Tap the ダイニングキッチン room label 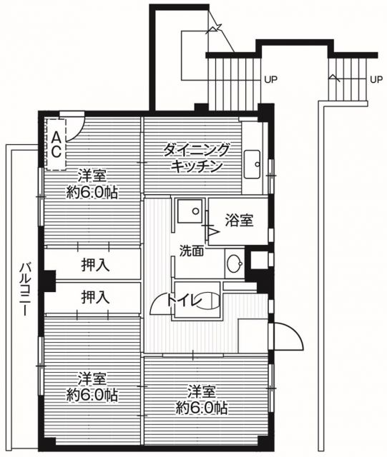pos(197,157)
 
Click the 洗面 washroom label pos(192,251)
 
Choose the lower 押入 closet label pos(95,296)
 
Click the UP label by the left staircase pos(271,79)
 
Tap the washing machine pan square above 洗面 pos(190,212)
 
